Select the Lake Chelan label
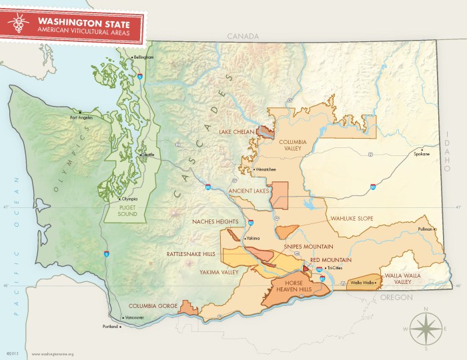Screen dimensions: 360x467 click(x=238, y=132)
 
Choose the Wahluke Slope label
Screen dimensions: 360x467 click(x=352, y=218)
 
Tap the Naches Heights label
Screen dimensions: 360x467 click(x=215, y=221)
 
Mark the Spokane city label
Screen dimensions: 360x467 click(x=422, y=153)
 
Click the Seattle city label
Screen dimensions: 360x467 click(x=147, y=155)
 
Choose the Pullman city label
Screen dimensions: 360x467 click(x=424, y=229)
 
